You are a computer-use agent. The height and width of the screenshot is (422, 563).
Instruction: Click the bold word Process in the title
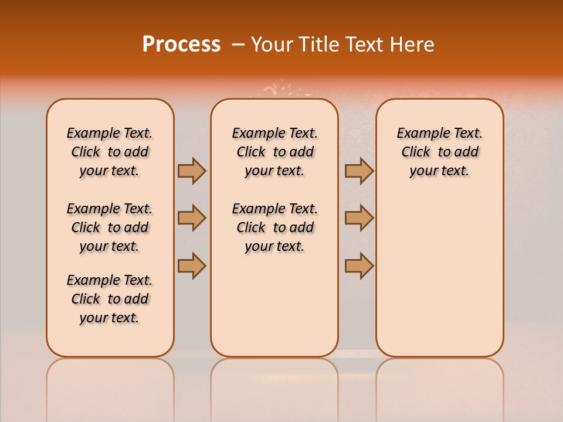coord(181,45)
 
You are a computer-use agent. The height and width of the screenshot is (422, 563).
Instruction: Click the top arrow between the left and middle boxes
coord(192,171)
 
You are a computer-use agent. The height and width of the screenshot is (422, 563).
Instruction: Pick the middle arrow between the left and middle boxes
coord(192,218)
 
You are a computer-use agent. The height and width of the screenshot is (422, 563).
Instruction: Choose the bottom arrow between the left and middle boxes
coord(192,265)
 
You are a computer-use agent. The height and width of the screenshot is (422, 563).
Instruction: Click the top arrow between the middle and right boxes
coord(359,171)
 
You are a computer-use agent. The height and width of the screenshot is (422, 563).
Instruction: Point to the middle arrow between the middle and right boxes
coord(359,218)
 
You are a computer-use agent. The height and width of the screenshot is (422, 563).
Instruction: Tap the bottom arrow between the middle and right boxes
coord(359,265)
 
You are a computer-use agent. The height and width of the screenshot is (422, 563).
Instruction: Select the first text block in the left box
coord(110,152)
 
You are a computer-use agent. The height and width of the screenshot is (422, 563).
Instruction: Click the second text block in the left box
coord(110,227)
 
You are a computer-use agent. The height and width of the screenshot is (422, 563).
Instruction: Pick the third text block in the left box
coord(110,299)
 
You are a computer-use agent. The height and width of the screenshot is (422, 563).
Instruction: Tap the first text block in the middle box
coord(274,152)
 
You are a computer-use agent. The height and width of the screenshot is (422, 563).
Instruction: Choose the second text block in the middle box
coord(274,227)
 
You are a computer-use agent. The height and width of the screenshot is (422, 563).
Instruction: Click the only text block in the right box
coord(440,152)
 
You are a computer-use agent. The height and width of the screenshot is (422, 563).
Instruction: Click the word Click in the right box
coord(416,152)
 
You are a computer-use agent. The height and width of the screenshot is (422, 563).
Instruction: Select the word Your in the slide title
coord(273,45)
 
